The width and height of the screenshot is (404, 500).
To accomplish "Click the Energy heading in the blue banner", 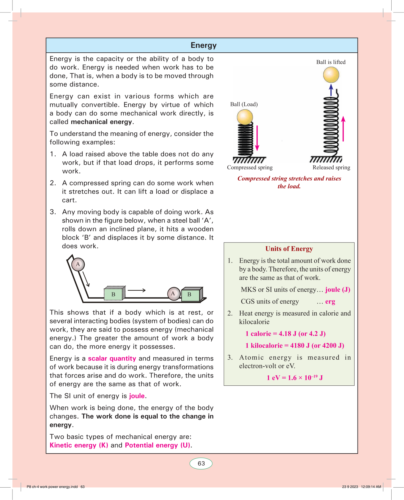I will [x=204, y=45].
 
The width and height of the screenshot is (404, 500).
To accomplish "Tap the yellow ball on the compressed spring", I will [x=245, y=117].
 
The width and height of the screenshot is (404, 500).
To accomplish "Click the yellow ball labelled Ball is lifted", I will [x=331, y=75].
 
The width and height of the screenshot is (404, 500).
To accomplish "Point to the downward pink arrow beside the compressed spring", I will [x=257, y=138].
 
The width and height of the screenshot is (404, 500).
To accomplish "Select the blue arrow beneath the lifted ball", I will [x=331, y=90].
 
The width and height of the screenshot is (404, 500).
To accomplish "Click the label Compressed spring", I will [x=250, y=168].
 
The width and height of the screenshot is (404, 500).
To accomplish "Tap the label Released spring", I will [x=331, y=168].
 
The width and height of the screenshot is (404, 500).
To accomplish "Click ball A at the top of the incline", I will [x=78, y=264].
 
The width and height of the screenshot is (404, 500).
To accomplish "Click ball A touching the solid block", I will [x=173, y=294].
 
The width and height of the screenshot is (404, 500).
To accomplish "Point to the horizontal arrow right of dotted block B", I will [x=136, y=290].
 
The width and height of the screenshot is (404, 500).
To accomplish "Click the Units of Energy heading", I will [x=289, y=249].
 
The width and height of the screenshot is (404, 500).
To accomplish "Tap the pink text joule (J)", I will [x=338, y=290].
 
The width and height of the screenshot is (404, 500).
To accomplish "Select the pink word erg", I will [x=330, y=301].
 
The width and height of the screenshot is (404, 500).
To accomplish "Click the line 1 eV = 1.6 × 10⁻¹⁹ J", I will [x=294, y=378].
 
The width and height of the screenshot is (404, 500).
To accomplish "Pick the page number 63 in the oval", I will [x=201, y=463].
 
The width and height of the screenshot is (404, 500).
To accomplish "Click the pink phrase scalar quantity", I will [x=112, y=358].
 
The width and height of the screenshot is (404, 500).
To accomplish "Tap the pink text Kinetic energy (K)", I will [x=79, y=445].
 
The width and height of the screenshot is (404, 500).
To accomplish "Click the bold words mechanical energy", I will [x=101, y=122].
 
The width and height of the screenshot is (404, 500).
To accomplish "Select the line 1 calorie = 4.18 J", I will [x=285, y=334].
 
